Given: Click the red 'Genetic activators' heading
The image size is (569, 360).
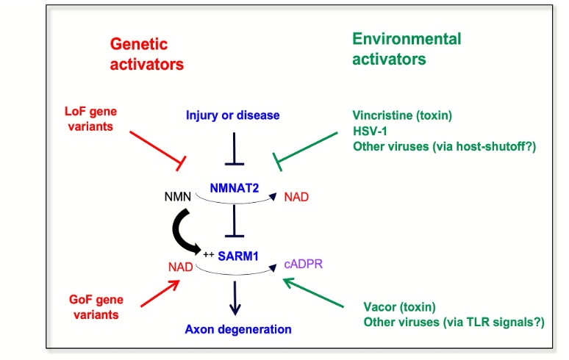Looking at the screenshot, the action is (146, 54).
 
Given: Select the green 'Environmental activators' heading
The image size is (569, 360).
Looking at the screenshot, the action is (407, 49).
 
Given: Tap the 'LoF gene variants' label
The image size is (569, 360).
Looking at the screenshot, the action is (90, 118).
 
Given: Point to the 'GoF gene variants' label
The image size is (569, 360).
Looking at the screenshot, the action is (96, 307).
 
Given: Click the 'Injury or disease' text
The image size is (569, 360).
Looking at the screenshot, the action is (232, 115).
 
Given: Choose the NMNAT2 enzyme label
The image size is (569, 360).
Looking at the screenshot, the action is (235, 188).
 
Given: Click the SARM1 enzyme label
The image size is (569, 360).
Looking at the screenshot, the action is (238, 256).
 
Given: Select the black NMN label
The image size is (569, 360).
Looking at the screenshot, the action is (177, 197).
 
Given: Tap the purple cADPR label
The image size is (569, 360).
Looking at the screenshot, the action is (304, 264).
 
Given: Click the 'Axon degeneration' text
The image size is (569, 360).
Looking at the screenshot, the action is (238, 329).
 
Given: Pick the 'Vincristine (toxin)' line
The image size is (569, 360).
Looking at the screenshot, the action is (402, 115).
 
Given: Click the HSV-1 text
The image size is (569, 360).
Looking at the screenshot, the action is (370, 131).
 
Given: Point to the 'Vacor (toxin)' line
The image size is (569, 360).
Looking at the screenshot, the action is (399, 307).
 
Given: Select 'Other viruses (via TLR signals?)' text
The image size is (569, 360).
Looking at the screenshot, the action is (454, 323).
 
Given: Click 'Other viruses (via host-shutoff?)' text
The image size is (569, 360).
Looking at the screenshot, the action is (445, 146).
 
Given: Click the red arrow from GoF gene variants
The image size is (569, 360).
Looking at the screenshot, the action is (160, 293).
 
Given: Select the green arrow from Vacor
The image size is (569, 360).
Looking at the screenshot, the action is (313, 293).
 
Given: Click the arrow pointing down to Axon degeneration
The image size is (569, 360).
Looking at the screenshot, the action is (235, 298).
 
